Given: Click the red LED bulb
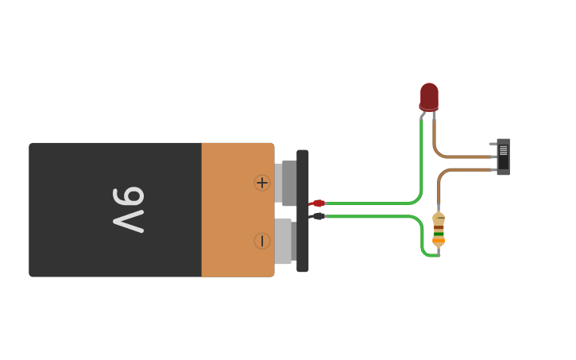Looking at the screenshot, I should pos(429,95).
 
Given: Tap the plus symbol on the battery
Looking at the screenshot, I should pos(262,183).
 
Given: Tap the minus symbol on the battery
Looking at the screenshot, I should pos(262,241).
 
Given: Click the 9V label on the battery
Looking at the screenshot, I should pos(128,210).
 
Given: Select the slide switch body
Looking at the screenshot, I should pos(504,157).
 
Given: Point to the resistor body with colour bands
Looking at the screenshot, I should pos(439,229).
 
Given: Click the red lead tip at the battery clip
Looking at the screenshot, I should pos(318,203).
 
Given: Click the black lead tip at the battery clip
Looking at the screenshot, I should pos(318,216).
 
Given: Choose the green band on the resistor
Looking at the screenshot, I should pos(439,234).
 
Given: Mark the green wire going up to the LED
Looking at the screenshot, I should pos(421,159).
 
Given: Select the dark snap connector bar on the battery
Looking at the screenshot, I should pos(303,211).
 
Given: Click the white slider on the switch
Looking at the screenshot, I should pos(503,150).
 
